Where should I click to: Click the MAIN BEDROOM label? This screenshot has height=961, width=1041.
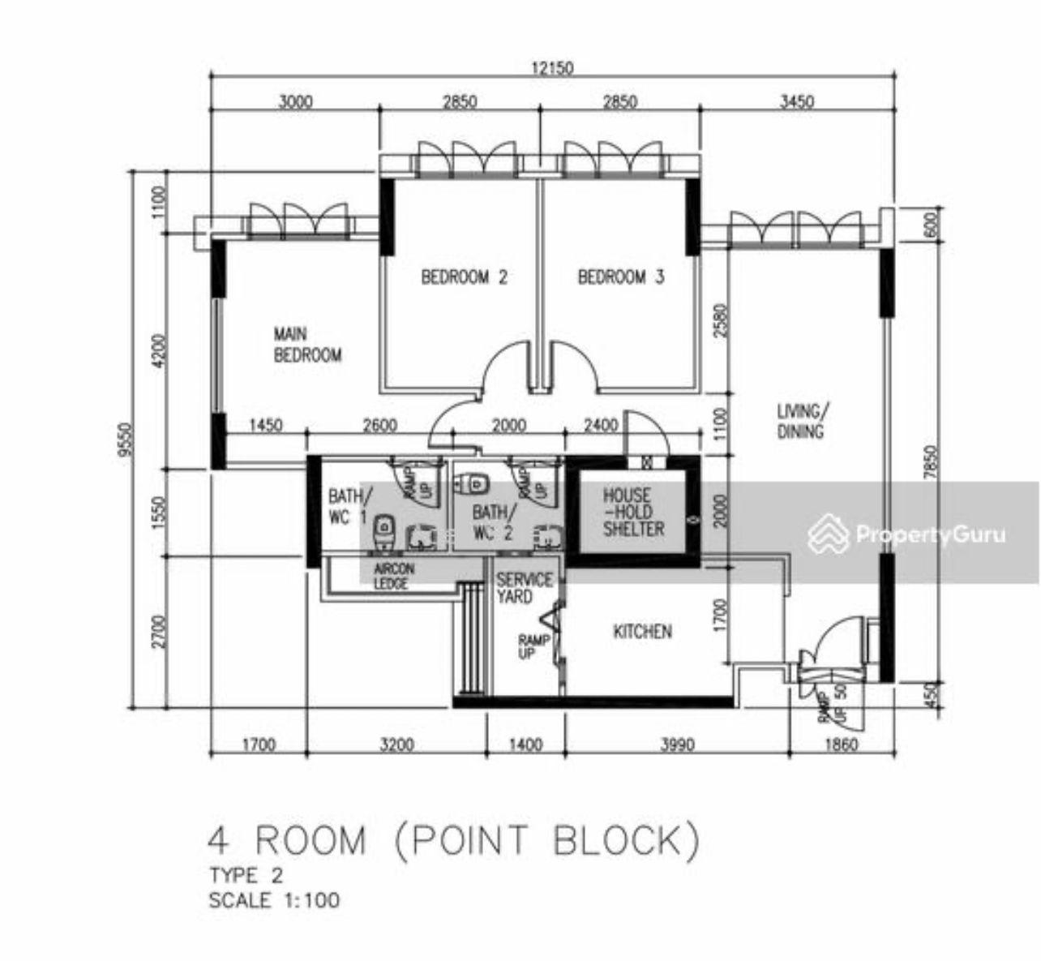[307, 345]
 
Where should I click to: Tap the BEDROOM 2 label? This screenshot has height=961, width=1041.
[464, 277]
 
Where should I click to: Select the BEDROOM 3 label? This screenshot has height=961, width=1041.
[620, 277]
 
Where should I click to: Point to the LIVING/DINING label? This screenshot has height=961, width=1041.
[800, 421]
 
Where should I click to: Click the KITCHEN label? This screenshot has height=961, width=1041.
[641, 631]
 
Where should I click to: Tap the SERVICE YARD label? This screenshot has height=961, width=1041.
[524, 589]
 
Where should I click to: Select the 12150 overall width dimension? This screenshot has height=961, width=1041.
[551, 68]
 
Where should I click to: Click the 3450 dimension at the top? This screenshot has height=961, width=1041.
[796, 101]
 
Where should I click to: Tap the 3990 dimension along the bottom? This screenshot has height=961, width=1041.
[677, 744]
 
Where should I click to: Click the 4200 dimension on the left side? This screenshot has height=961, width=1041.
[158, 351]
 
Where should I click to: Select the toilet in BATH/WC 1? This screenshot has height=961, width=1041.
[383, 530]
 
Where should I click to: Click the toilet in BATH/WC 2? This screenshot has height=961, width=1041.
[473, 484]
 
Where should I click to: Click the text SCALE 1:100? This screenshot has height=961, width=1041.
[274, 900]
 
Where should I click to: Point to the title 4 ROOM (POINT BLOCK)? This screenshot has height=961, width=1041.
[453, 841]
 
